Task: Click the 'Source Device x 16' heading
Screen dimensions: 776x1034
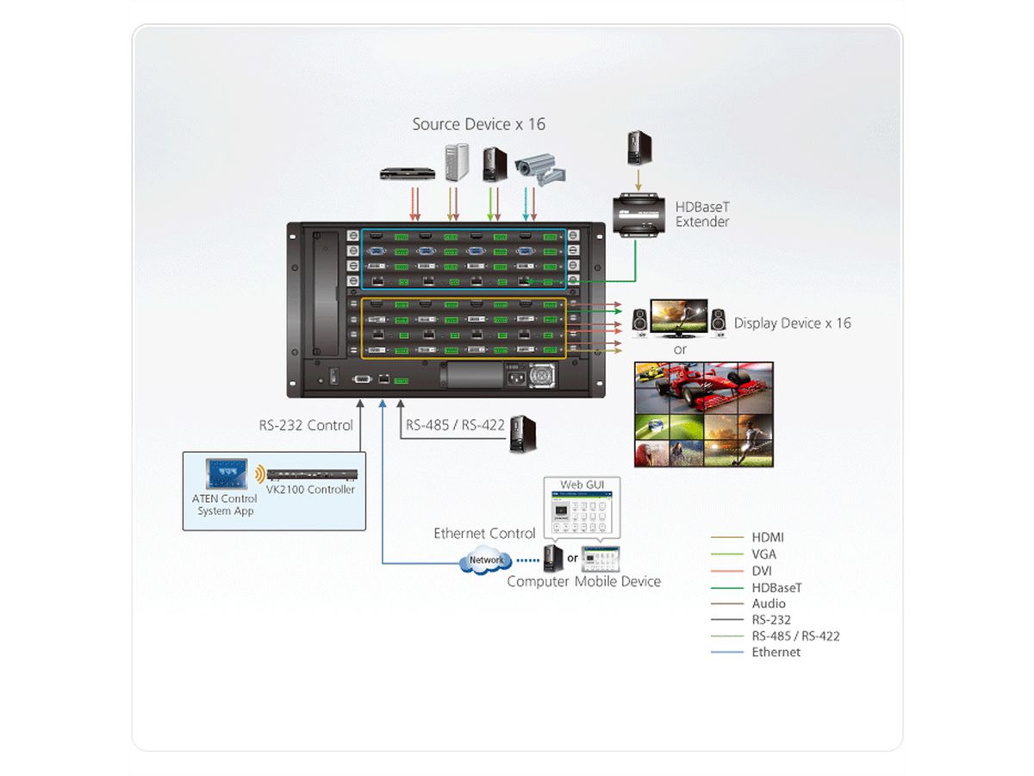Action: click(478, 124)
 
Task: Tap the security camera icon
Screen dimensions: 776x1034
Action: click(538, 169)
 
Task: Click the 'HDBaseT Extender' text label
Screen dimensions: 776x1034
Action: click(702, 215)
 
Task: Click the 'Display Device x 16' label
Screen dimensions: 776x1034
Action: click(792, 323)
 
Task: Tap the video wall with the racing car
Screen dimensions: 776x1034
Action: click(703, 414)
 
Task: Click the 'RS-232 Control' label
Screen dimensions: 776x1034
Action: click(306, 425)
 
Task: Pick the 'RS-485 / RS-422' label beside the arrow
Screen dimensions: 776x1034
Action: click(455, 425)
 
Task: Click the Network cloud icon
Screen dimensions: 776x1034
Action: click(486, 560)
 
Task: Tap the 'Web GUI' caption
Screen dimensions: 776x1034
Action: click(582, 485)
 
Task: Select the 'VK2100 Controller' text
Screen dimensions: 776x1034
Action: click(310, 490)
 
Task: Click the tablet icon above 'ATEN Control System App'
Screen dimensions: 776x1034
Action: click(226, 473)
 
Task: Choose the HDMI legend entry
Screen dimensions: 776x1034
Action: click(767, 537)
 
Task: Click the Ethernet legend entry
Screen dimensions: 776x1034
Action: click(775, 652)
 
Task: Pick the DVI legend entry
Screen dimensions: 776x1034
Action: click(762, 570)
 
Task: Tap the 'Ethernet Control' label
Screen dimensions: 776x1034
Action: click(484, 534)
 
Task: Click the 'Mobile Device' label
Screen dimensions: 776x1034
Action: click(618, 581)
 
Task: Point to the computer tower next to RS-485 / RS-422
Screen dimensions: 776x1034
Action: click(519, 434)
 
